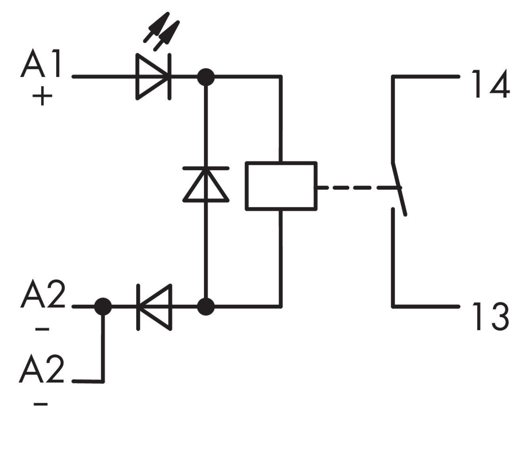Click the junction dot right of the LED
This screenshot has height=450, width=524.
[x=206, y=77]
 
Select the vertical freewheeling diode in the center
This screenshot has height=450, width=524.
[x=206, y=185]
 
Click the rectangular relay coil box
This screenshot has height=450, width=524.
[x=281, y=186]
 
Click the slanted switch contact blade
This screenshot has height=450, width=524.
[x=400, y=188]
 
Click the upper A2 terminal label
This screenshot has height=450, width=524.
[x=42, y=295]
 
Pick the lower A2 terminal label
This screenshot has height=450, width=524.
[x=42, y=369]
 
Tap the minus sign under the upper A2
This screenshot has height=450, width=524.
[x=42, y=328]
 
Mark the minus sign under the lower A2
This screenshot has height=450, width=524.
[x=41, y=404]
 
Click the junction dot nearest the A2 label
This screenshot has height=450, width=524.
[x=103, y=307]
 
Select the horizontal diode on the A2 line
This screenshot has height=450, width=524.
[x=154, y=307]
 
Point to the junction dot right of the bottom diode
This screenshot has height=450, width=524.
[x=206, y=307]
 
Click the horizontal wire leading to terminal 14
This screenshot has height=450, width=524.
[x=426, y=77]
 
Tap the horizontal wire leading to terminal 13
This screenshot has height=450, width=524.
[x=426, y=306]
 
